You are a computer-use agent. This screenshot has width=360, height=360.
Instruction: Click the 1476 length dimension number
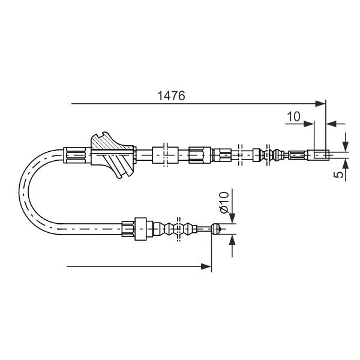click(171, 96)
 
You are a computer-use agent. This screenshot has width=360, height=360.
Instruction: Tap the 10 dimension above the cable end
click(293, 116)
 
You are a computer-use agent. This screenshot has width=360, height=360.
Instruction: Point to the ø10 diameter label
click(224, 202)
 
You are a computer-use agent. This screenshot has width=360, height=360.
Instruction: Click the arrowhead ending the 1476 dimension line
click(320, 104)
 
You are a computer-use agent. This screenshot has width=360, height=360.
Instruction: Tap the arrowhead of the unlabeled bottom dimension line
click(206, 266)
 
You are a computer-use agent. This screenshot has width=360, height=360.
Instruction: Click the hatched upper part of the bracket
click(110, 143)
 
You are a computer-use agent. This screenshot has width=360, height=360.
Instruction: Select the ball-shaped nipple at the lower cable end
click(216, 229)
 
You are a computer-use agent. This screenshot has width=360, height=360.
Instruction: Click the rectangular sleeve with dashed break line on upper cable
click(166, 155)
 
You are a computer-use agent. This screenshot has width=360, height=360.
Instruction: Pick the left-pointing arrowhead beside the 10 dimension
click(332, 124)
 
